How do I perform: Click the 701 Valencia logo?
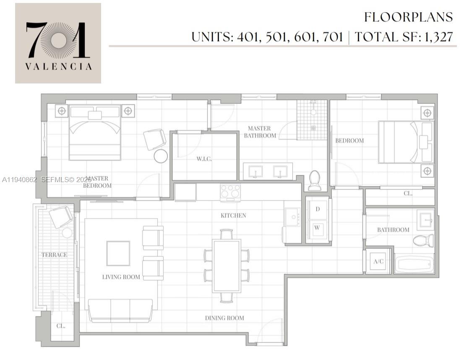coord(58,43)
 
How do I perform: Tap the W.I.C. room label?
coord(204,159)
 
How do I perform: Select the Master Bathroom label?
coord(260,132)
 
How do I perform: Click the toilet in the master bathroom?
coord(314,180)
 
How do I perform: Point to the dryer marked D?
coord(318,209)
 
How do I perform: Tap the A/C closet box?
coord(378,261)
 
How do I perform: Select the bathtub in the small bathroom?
coord(414,264)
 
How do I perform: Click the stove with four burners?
coord(230,192)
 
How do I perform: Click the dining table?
coord(227,266)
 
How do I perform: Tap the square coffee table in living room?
coord(118,253)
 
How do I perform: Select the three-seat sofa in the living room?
coord(120,310)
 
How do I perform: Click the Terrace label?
coord(54,255)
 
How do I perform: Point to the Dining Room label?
coord(224,318)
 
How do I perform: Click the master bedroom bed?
coord(95,132)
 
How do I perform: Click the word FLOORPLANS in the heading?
coord(408,17)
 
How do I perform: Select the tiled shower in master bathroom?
coord(312,120)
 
